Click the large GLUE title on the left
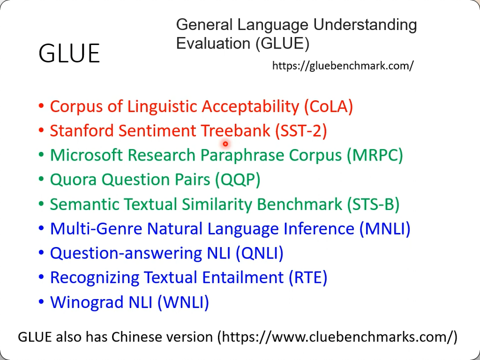click(69, 53)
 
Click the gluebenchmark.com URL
click(343, 65)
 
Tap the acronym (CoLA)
click(328, 106)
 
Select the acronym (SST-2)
click(301, 130)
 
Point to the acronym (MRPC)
click(375, 155)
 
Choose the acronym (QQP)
click(237, 179)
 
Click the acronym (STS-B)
click(373, 204)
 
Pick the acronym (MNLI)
click(385, 228)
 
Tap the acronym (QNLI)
click(259, 253)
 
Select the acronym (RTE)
click(308, 277)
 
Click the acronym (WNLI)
click(183, 302)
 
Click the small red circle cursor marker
click(225, 143)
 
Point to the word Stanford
click(82, 130)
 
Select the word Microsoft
click(86, 155)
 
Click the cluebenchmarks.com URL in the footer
click(336, 337)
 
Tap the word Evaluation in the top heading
click(213, 43)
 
